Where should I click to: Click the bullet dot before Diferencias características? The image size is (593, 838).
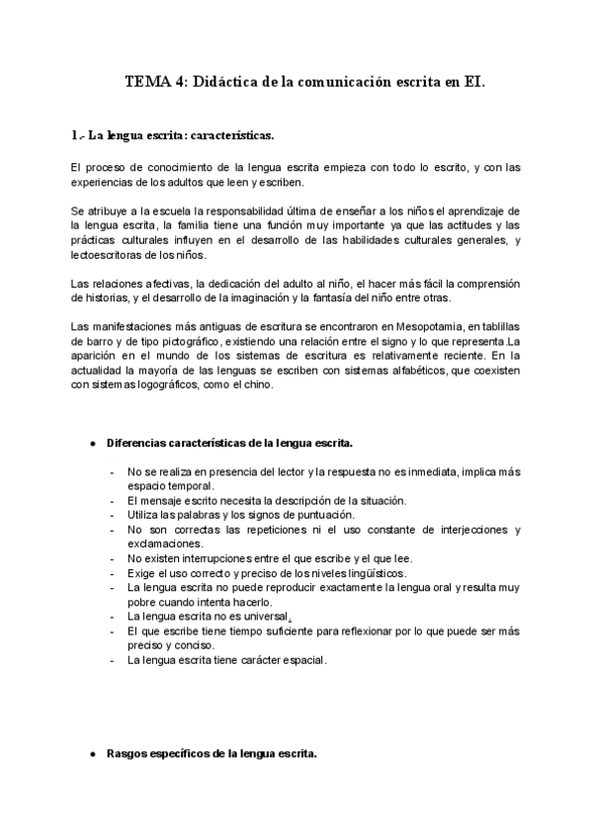[x=92, y=444]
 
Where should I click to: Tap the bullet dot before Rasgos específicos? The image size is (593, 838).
[x=92, y=753]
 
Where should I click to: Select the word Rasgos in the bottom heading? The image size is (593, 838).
[x=126, y=753]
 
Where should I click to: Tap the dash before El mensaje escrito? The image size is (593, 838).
[x=115, y=501]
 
